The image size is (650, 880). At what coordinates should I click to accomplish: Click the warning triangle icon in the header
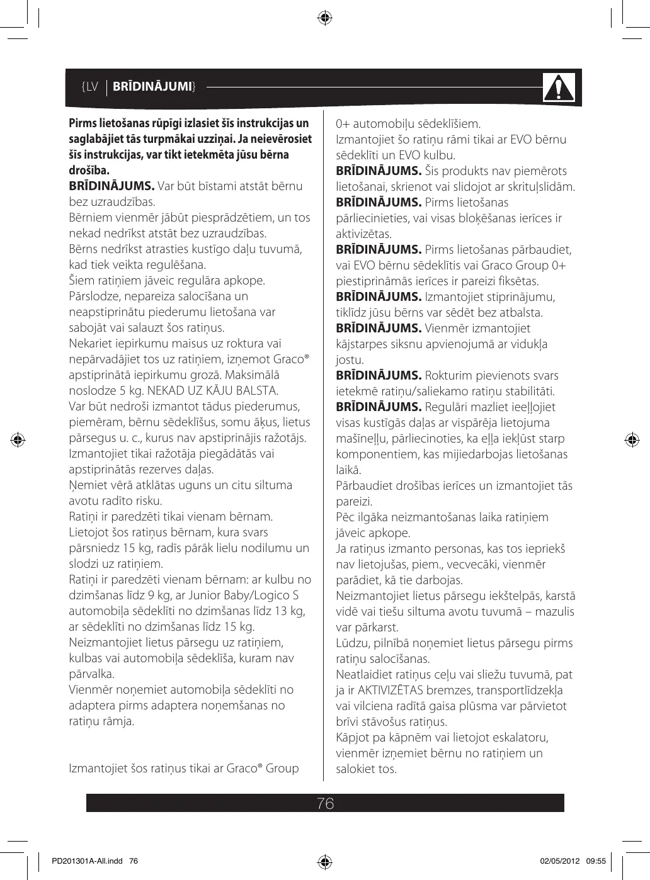[559, 88]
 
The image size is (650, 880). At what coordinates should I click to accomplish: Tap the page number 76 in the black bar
[326, 803]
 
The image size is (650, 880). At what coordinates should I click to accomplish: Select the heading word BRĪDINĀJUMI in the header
[156, 86]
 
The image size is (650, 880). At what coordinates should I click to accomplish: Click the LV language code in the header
[90, 86]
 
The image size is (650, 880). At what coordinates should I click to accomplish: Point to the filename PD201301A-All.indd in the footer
[83, 860]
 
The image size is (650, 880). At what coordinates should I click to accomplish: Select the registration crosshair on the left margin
[19, 439]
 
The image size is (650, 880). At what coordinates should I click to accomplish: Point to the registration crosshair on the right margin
[631, 439]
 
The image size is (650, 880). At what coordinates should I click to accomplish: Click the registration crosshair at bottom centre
[325, 861]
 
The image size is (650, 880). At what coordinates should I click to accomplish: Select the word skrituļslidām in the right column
[538, 186]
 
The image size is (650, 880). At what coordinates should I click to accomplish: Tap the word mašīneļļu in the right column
[362, 439]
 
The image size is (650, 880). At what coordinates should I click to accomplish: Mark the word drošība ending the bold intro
[89, 171]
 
